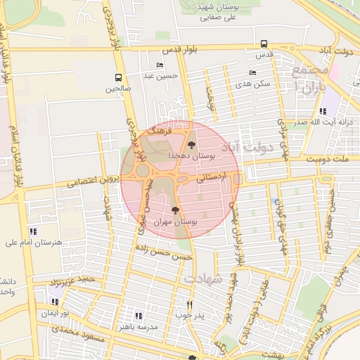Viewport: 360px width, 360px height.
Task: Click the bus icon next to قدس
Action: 264,44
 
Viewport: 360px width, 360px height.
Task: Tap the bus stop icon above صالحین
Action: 118,78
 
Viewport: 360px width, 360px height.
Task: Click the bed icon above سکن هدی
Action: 252,72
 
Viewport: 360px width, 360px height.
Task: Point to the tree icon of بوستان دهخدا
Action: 192,143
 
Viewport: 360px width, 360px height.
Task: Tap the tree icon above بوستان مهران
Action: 175,210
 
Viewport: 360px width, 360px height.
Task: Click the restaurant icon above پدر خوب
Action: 189,304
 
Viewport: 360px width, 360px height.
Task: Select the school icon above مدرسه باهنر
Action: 139,316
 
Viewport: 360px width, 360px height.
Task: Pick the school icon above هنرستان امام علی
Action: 33,231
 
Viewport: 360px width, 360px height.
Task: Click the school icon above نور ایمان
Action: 53,301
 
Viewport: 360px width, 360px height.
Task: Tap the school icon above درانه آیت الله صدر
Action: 322,111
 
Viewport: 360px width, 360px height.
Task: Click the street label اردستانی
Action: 211,179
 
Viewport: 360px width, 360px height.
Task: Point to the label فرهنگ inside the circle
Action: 162,131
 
